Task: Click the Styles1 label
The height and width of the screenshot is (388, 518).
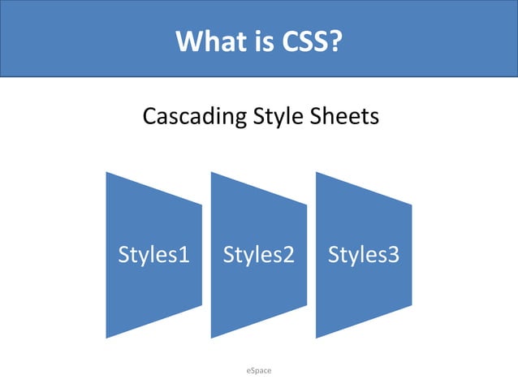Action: click(154, 255)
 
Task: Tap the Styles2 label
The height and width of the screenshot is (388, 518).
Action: click(259, 255)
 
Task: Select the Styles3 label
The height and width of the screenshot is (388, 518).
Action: click(364, 255)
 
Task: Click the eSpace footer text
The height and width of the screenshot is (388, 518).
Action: click(259, 370)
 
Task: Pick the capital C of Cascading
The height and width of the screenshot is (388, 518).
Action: click(149, 117)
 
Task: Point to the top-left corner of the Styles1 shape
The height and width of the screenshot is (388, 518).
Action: click(106, 172)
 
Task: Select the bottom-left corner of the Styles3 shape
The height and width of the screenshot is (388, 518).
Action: click(316, 338)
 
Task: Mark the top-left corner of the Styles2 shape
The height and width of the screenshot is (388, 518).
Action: click(211, 172)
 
